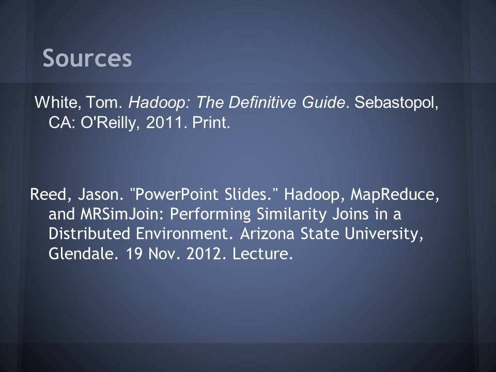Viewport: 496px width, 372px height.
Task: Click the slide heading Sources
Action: (x=87, y=58)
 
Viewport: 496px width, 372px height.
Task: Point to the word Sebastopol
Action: (x=396, y=103)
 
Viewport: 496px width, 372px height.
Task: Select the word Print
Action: (x=211, y=122)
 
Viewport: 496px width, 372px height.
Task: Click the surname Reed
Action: (x=51, y=194)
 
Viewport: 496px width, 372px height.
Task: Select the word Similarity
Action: (x=291, y=214)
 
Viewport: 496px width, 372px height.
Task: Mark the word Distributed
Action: (x=89, y=234)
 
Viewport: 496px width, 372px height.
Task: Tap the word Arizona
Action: (x=267, y=234)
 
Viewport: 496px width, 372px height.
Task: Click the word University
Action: (x=384, y=234)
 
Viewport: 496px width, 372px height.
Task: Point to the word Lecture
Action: (x=262, y=253)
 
